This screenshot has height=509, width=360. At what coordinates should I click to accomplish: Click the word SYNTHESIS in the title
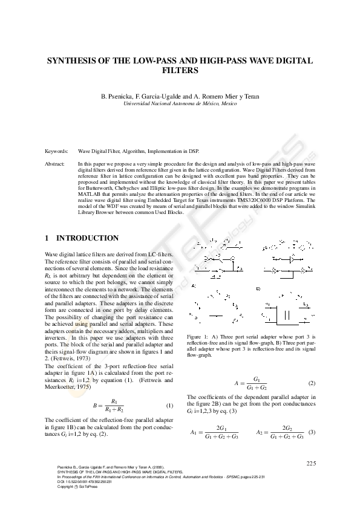click(x=75, y=61)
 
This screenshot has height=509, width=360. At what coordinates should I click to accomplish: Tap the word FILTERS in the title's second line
click(x=180, y=70)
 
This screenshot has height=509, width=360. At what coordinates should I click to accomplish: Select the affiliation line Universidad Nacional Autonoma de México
click(x=180, y=104)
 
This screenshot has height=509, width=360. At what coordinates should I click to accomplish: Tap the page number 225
click(x=311, y=463)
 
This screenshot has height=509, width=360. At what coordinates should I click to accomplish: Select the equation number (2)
click(x=312, y=383)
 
